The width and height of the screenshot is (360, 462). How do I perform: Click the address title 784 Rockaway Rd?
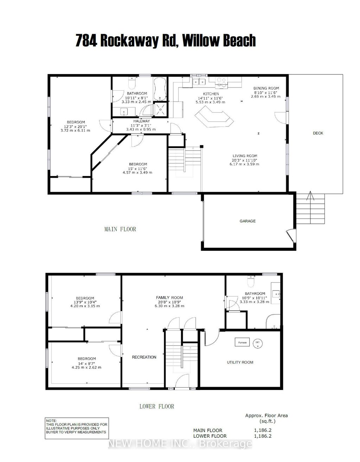(x=165, y=41)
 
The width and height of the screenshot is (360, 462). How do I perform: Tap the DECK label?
(x=318, y=133)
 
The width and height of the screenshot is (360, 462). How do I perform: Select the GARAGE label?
(x=247, y=221)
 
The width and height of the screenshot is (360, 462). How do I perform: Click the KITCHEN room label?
(x=211, y=94)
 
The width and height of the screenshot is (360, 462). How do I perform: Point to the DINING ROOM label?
(x=266, y=89)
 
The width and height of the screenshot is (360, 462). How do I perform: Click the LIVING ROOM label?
(x=245, y=156)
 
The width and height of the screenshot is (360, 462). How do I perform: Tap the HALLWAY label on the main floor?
(x=141, y=121)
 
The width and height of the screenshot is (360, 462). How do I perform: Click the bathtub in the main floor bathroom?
(x=160, y=88)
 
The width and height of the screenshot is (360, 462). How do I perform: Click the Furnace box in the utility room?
(x=243, y=343)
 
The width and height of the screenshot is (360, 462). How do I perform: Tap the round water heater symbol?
(x=258, y=343)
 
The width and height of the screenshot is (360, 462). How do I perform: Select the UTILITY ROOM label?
(x=240, y=362)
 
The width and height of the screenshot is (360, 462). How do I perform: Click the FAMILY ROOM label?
(x=169, y=298)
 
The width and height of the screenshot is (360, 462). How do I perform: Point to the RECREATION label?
(x=144, y=357)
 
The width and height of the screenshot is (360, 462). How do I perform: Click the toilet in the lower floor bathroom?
(x=251, y=282)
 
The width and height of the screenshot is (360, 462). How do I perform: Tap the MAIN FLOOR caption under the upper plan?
(x=120, y=229)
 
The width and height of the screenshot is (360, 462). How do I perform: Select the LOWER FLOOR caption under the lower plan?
(x=156, y=406)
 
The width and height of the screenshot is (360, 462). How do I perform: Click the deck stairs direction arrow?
(x=310, y=196)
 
